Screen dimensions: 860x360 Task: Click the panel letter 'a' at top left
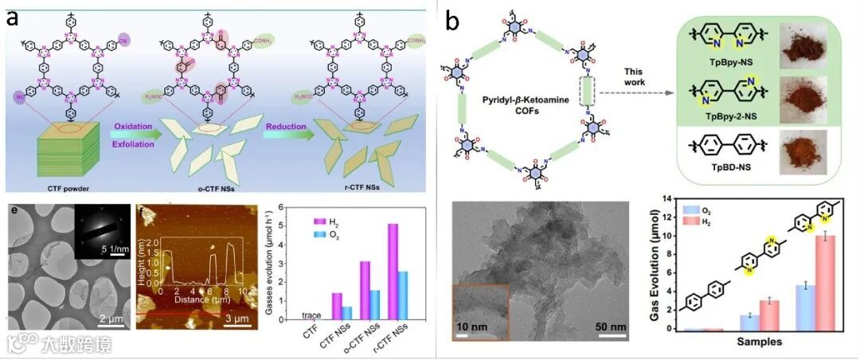point(13,18)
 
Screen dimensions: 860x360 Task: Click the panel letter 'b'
point(452,21)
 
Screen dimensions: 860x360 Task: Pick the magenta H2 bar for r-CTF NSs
point(391,271)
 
